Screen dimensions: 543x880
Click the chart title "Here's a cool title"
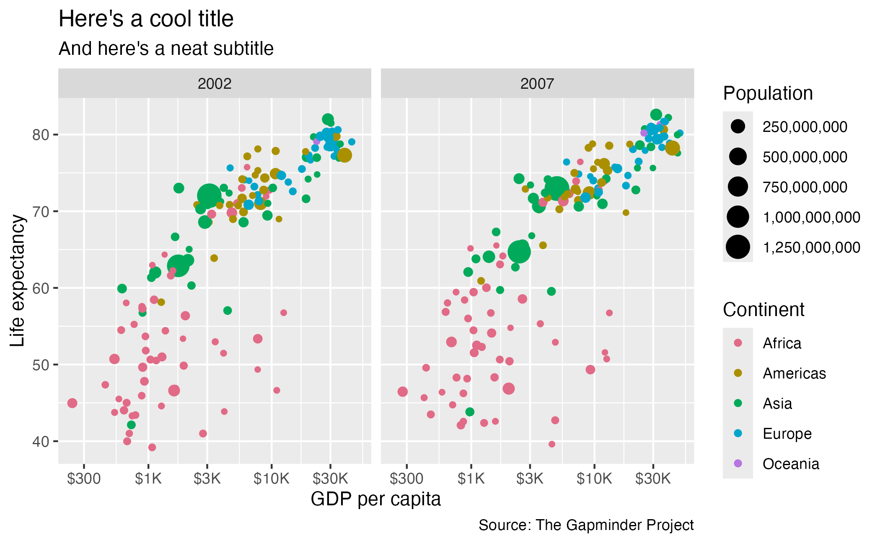point(146,19)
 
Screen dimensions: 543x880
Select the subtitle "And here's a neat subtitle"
point(166,49)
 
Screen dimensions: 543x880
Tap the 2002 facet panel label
point(215,84)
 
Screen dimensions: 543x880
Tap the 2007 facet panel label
point(537,84)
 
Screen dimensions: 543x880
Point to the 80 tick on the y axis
point(40,135)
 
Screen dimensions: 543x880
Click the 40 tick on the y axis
point(40,441)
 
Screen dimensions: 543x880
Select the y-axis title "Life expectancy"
point(18,281)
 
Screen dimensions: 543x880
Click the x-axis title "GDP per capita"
point(376,499)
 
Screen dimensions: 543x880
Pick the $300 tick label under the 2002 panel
point(84,479)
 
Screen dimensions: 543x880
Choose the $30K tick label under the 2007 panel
point(653,479)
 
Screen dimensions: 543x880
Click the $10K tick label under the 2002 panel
point(271,479)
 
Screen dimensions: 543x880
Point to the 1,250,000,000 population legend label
point(812,247)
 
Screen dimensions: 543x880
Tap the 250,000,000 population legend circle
point(738,126)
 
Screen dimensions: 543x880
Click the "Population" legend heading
point(768,93)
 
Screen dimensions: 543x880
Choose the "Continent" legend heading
point(764,310)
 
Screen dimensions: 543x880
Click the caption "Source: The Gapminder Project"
point(586,525)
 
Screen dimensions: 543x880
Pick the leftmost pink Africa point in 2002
point(72,403)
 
